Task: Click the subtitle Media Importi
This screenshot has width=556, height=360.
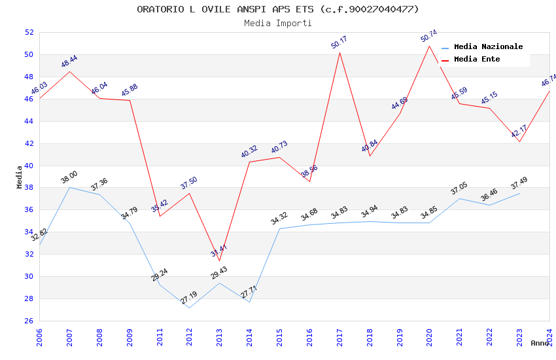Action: point(278,23)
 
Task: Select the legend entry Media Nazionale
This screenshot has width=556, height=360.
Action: point(488,47)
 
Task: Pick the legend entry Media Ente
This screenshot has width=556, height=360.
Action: point(477,60)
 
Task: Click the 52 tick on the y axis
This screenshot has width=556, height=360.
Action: point(29,32)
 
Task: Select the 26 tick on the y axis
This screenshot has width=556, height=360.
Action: point(29,321)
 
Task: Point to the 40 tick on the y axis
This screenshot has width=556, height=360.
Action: point(29,166)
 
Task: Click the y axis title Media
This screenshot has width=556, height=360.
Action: point(20,177)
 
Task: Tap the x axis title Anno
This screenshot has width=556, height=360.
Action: point(540,343)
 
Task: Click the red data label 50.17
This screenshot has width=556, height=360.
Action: point(339,43)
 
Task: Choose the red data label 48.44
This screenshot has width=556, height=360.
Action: point(69,62)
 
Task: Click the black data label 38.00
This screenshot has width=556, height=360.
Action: point(69,177)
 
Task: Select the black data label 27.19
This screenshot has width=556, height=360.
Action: point(189,298)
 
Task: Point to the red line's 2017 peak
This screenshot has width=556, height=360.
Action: point(339,52)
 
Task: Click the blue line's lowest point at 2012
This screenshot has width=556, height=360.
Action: point(189,308)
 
